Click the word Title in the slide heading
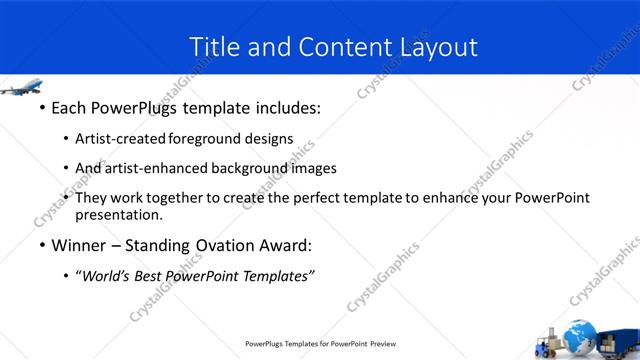pyautogui.click(x=213, y=46)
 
